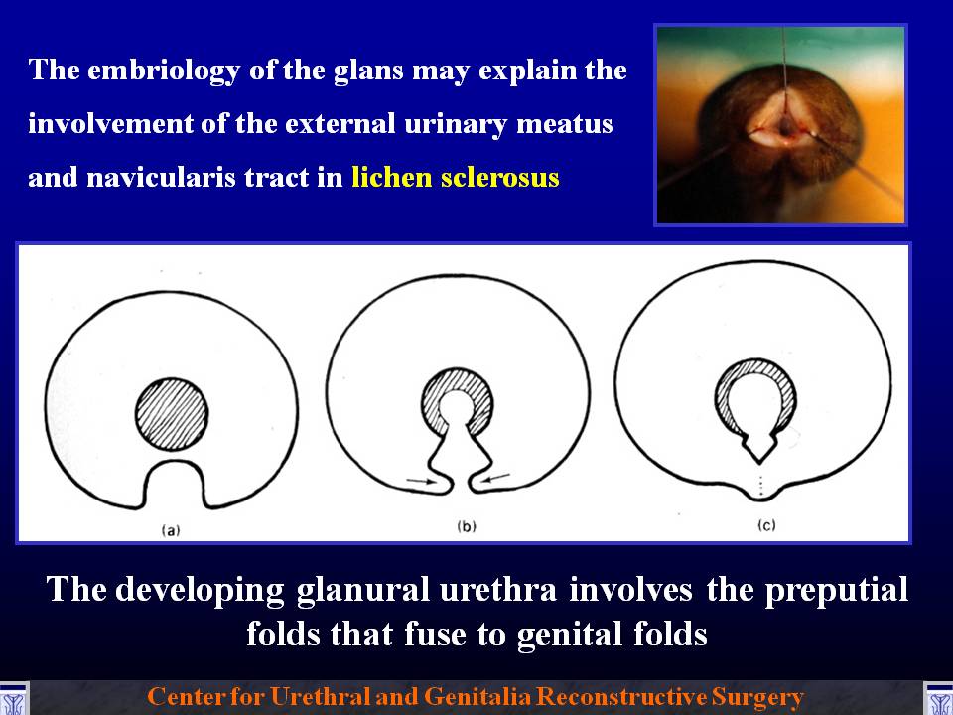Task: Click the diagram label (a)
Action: (171, 530)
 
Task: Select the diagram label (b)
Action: (467, 526)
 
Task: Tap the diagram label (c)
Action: (766, 525)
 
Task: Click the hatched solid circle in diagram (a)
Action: (172, 414)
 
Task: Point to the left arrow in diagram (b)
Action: (422, 481)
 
